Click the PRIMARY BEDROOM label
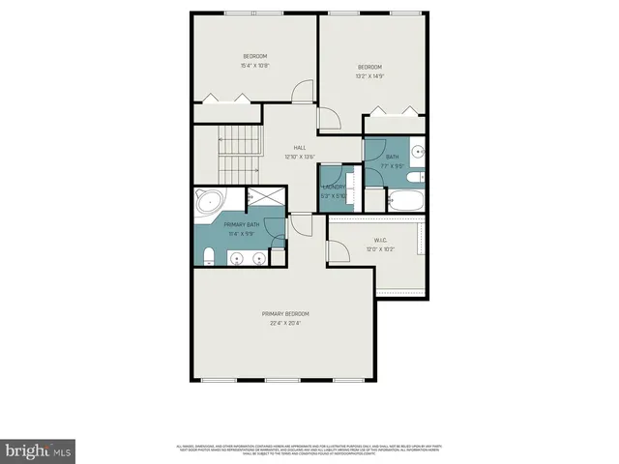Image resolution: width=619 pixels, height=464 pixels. tap(285, 314)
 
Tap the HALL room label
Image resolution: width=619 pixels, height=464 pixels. tap(300, 147)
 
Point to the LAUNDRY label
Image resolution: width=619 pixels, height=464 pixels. tap(335, 187)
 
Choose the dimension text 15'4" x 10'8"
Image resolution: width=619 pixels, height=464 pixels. tap(254, 66)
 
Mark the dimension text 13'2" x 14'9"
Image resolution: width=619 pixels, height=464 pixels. tap(369, 75)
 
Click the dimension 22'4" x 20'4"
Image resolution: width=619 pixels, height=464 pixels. tap(285, 324)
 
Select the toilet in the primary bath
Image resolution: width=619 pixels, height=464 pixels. tap(209, 255)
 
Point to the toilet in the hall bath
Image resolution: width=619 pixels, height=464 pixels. tap(413, 177)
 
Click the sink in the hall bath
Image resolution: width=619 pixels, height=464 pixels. tap(417, 151)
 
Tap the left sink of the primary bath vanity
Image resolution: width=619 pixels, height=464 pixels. tap(236, 258)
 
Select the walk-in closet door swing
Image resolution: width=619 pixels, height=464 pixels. tap(339, 250)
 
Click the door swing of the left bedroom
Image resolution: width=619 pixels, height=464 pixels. tap(303, 92)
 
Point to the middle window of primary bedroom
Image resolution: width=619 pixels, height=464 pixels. tap(282, 380)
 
